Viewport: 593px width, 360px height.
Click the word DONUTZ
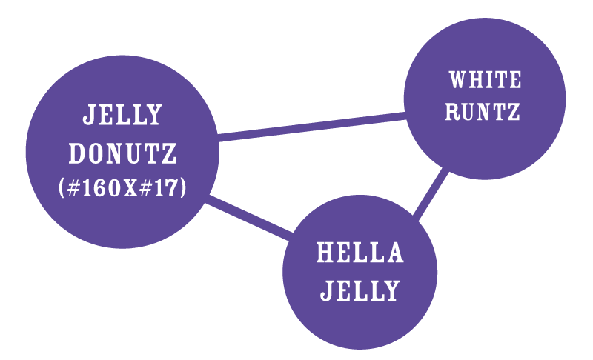122,153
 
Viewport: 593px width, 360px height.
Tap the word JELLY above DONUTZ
122,116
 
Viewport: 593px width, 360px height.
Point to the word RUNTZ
483,113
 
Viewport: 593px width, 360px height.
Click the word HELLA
360,253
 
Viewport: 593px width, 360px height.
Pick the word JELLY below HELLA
360,290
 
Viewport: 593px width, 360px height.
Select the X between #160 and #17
132,189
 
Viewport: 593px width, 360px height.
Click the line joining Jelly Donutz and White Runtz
311,127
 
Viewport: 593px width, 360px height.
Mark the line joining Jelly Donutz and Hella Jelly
248,219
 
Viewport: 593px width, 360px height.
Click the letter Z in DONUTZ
170,153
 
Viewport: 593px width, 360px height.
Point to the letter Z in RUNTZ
511,113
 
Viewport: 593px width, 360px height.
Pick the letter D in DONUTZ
77,153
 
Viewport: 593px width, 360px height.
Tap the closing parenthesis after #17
182,188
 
